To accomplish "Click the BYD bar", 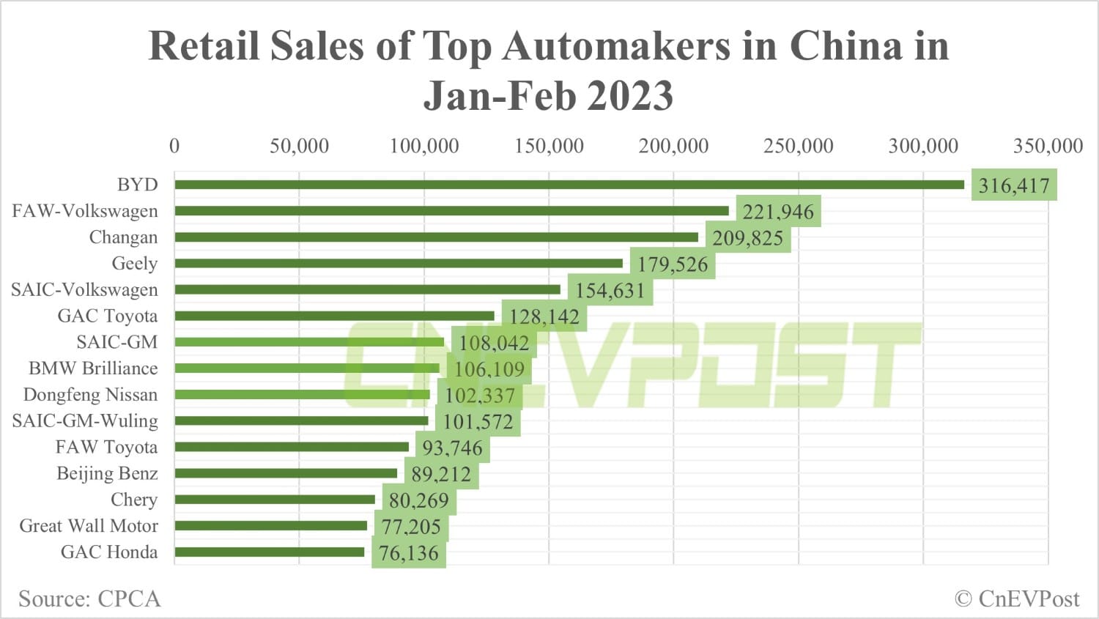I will pos(569,185).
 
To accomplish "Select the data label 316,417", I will pos(1014,185).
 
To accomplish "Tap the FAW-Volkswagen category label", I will pos(85,211).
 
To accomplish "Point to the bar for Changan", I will pos(437,237).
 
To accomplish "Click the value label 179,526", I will pos(673,264).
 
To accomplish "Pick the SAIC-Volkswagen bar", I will pos(368,289).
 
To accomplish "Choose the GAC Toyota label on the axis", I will pos(108,316).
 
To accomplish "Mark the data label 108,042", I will pos(494,343).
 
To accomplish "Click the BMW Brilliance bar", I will pos(307,368).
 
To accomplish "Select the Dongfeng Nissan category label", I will pos(90,395).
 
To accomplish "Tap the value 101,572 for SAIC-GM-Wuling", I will pos(478,422).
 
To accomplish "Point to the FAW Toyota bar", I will pos(292,447).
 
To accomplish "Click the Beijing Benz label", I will pos(107,473).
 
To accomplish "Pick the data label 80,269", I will pos(419,500).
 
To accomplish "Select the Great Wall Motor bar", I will pos(271,525).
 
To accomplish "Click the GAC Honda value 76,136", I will pos(409,553).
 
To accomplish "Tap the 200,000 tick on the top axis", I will pos(673,146).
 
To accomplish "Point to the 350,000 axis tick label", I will pos(1048,146).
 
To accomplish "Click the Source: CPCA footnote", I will pos(89,598).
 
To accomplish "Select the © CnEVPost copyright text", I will pos(1017,598).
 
